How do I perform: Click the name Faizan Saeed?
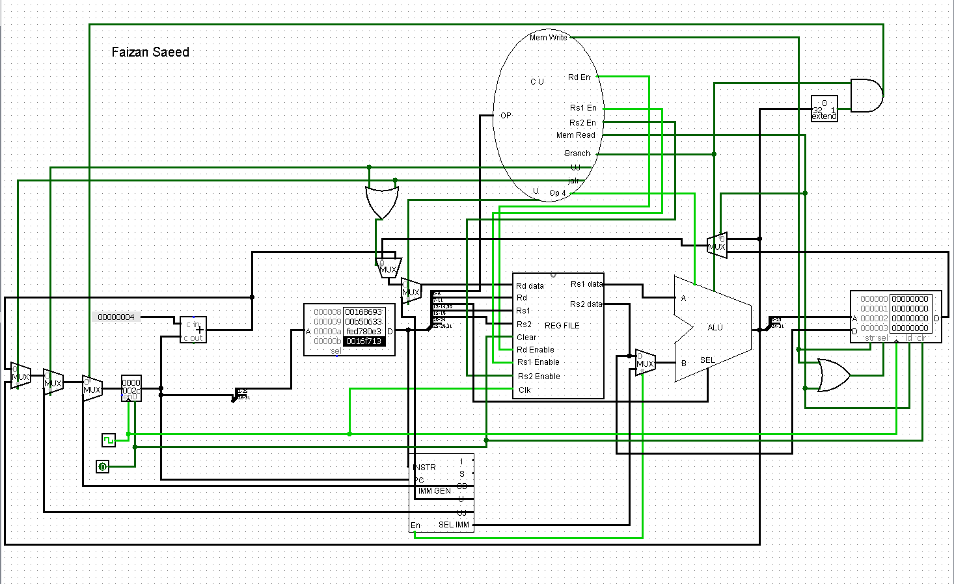[150, 52]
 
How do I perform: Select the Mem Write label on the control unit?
[548, 38]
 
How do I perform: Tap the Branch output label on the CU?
[577, 153]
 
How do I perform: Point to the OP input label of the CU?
[506, 116]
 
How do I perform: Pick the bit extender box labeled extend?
[824, 109]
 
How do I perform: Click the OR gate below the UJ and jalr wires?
[381, 202]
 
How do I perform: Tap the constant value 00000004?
[116, 317]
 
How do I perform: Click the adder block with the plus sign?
[193, 330]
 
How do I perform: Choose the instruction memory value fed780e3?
[364, 332]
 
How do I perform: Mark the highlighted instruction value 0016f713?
[364, 341]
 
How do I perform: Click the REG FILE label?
[562, 326]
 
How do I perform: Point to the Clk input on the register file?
[525, 390]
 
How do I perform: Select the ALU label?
[715, 328]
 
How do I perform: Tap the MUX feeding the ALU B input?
[645, 363]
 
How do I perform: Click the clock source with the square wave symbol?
[109, 440]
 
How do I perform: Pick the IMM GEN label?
[434, 491]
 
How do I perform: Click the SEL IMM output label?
[454, 525]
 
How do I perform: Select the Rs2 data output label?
[586, 304]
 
